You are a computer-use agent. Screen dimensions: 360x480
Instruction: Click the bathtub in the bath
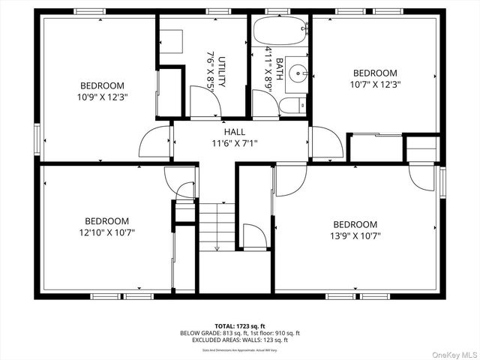tap(279, 32)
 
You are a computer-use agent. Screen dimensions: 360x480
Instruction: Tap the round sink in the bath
tap(299, 73)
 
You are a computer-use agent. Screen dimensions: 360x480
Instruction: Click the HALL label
tap(234, 132)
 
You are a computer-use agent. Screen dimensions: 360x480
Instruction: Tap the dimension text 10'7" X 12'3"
tap(375, 84)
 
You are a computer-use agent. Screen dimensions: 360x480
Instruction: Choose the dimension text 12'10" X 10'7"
tap(106, 232)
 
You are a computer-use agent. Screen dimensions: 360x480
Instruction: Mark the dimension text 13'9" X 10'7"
tap(355, 235)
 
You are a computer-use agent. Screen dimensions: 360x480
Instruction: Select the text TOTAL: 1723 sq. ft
tap(239, 326)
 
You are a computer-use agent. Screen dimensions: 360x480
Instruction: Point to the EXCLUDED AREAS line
tap(240, 340)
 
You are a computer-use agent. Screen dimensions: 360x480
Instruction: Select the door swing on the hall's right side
tap(325, 142)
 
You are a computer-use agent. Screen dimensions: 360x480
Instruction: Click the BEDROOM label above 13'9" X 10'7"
tap(355, 224)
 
